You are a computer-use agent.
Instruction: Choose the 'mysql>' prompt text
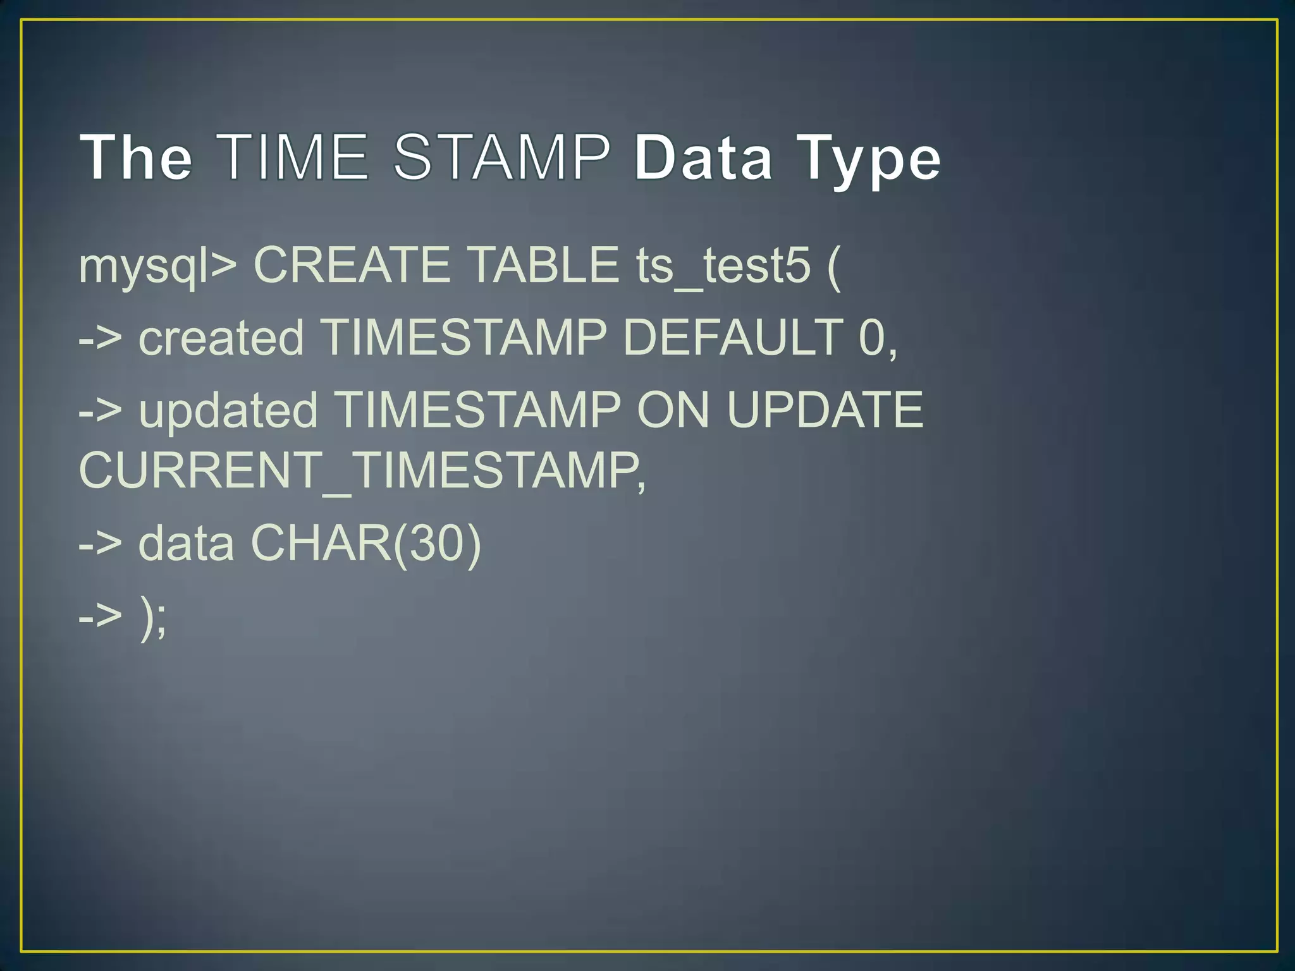(157, 266)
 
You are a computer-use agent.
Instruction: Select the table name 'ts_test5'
(723, 266)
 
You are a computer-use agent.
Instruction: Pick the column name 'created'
(221, 338)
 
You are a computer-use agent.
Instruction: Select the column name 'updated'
(228, 410)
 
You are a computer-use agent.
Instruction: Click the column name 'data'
(186, 543)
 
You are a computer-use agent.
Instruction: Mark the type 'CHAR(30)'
(366, 543)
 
